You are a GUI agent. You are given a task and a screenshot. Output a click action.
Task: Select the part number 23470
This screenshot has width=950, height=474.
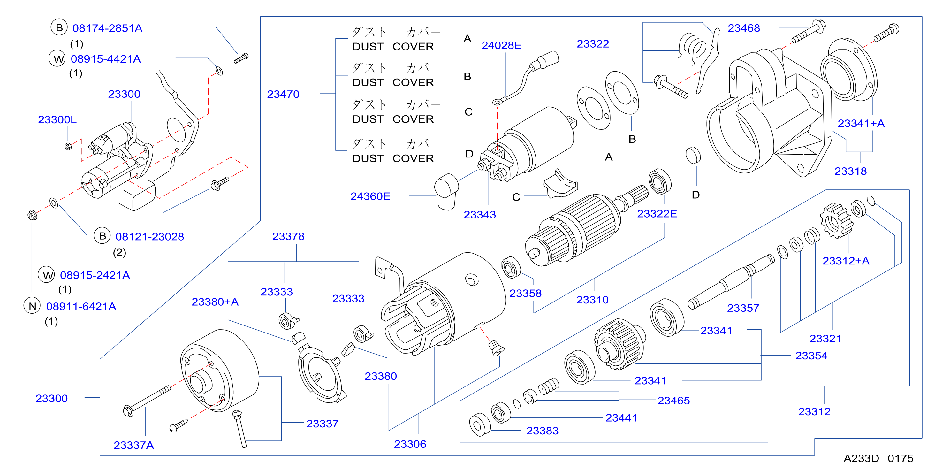(x=283, y=94)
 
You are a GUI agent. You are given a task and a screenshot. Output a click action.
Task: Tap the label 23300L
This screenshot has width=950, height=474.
(x=57, y=119)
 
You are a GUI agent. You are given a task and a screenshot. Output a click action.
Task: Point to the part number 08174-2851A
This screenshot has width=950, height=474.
(x=107, y=28)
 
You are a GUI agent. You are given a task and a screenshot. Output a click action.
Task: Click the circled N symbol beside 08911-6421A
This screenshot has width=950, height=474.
(x=32, y=305)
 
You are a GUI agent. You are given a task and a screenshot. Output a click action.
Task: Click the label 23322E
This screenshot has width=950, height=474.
(x=657, y=214)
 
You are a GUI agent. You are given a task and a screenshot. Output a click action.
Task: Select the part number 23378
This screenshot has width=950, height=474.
(x=288, y=236)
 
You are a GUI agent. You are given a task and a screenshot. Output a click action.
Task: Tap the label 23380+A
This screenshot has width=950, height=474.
(x=215, y=302)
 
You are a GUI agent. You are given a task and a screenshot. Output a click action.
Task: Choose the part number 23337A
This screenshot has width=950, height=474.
(x=133, y=445)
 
